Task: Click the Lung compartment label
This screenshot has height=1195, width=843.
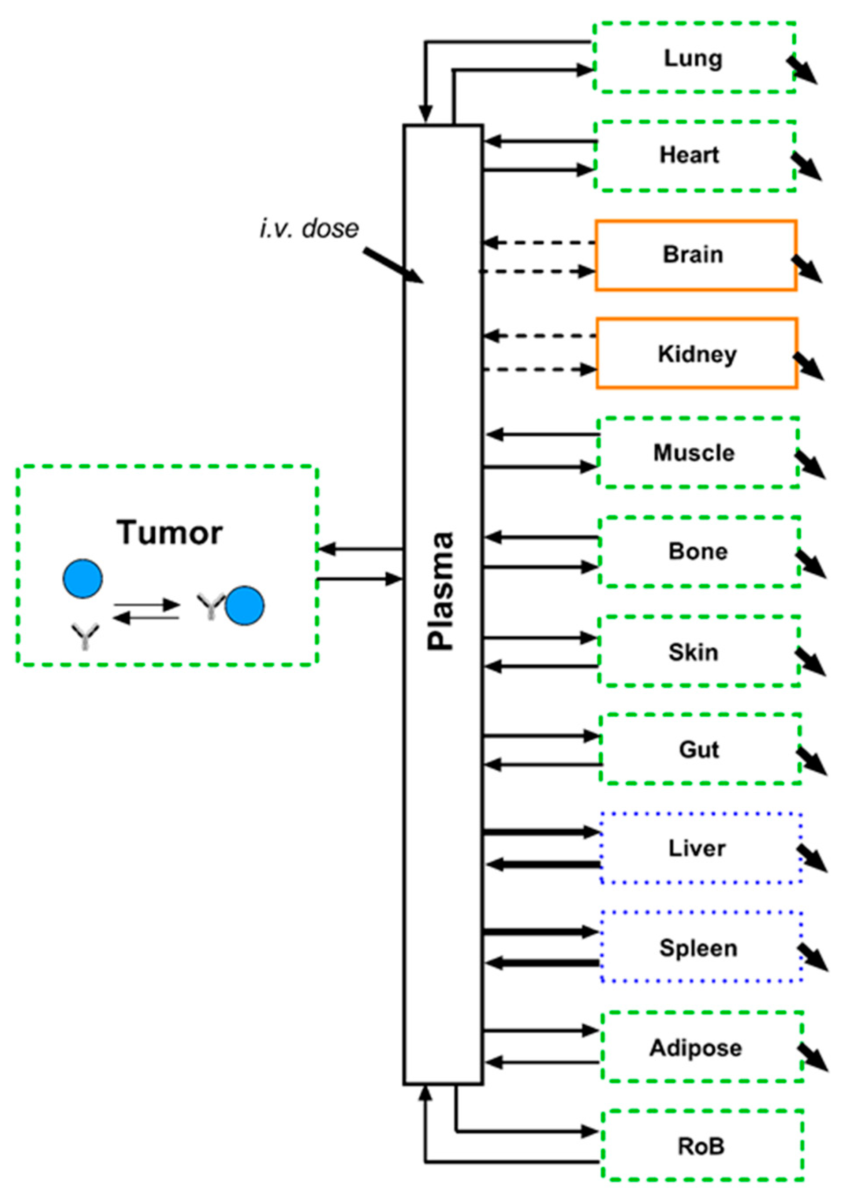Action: (x=693, y=58)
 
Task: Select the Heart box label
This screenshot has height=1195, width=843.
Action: (x=690, y=155)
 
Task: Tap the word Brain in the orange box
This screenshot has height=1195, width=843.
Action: (x=693, y=255)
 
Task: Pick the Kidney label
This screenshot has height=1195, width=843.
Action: (x=697, y=354)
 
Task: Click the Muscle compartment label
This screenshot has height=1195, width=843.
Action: (x=694, y=453)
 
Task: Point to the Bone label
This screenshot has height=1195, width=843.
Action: (x=698, y=552)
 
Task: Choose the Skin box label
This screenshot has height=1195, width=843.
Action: (x=693, y=652)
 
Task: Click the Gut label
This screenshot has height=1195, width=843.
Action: (x=699, y=750)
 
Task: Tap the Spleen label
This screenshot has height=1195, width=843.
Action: (x=698, y=948)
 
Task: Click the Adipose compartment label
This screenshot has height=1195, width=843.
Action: (x=695, y=1048)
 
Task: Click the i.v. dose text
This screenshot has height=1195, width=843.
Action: (x=309, y=229)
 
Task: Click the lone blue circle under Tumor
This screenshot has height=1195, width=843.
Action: (x=82, y=578)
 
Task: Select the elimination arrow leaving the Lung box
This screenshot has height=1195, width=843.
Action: (x=802, y=70)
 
